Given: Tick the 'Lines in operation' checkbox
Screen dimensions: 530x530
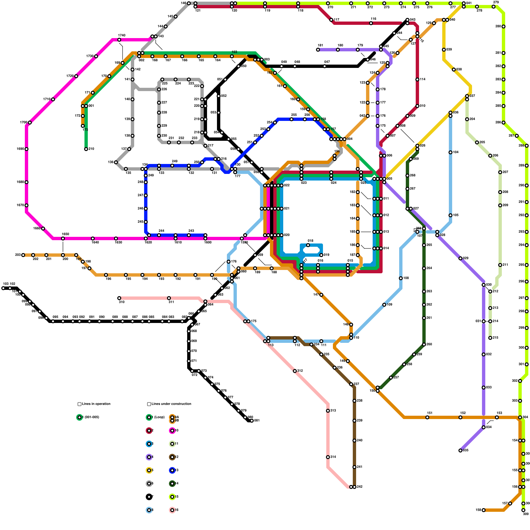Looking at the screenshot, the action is pyautogui.click(x=79, y=404).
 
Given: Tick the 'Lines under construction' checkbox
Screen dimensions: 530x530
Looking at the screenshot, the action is pyautogui.click(x=149, y=404).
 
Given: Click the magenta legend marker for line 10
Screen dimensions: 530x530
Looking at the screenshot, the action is pyautogui.click(x=172, y=431).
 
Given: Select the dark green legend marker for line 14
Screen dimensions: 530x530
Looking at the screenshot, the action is pyautogui.click(x=172, y=484).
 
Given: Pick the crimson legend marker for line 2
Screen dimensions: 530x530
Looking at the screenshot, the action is pyautogui.click(x=149, y=431).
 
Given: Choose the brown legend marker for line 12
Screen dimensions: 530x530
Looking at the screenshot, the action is pyautogui.click(x=172, y=457).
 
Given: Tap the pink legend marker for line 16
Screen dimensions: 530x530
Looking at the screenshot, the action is pyautogui.click(x=172, y=510).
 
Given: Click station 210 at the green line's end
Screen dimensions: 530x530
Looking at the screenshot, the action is pyautogui.click(x=86, y=149).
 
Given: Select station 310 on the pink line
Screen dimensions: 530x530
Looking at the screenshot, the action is pyautogui.click(x=119, y=298).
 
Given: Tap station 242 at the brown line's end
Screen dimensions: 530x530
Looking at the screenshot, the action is pyautogui.click(x=354, y=487).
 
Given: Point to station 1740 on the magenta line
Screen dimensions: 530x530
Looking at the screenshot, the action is pyautogui.click(x=119, y=40).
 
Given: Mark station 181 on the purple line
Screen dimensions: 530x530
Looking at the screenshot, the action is pyautogui.click(x=318, y=50).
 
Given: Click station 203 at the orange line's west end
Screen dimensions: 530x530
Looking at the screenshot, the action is pyautogui.click(x=23, y=255).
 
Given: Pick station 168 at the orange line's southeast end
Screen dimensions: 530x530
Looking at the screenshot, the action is pyautogui.click(x=484, y=510).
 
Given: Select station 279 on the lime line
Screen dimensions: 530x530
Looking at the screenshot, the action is pyautogui.click(x=494, y=7).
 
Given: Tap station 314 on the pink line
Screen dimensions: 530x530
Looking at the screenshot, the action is pyautogui.click(x=328, y=457).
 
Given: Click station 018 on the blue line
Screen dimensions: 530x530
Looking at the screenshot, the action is pyautogui.click(x=308, y=245).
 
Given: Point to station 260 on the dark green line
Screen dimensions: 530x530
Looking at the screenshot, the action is pyautogui.click(x=424, y=344).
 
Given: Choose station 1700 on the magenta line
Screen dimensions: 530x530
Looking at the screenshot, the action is pyautogui.click(x=30, y=123).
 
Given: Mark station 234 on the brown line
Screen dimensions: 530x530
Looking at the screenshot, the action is pyautogui.click(x=311, y=344).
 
